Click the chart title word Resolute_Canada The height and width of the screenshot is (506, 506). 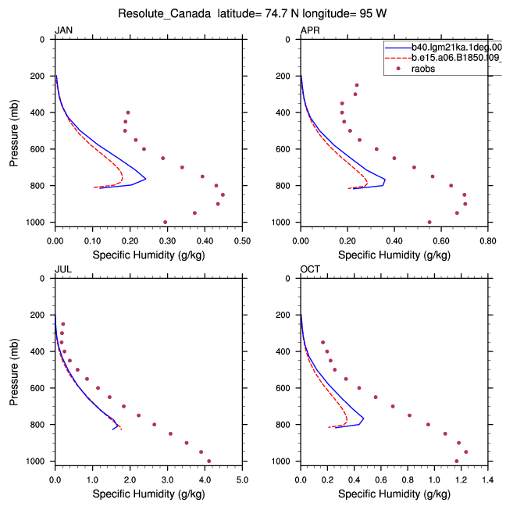tap(164, 14)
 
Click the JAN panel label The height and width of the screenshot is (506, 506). tap(63, 30)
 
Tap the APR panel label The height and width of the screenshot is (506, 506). tap(310, 30)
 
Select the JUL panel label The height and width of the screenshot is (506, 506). tap(63, 269)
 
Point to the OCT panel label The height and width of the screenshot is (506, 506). tap(310, 269)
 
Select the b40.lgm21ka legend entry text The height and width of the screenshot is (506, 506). tap(457, 48)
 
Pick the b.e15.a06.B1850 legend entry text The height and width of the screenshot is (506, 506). tap(457, 58)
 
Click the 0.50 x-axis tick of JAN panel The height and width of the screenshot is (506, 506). tap(242, 241)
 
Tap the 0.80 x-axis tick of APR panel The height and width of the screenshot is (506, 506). tap(487, 241)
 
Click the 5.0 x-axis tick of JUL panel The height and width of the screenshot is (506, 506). tap(242, 480)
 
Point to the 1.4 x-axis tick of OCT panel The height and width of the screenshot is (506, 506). tap(487, 480)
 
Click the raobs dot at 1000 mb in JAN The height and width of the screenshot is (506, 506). tap(166, 222)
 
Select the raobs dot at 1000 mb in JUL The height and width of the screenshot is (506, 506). tap(208, 461)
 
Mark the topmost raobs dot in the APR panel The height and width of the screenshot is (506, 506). tap(357, 85)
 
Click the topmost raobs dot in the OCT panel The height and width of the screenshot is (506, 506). tap(322, 342)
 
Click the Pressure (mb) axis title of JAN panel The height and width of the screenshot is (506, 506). tap(14, 133)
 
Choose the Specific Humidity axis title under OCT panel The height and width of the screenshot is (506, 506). tap(394, 494)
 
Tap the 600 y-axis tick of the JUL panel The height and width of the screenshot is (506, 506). tap(37, 388)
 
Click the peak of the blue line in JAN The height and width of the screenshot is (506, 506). tap(146, 179)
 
